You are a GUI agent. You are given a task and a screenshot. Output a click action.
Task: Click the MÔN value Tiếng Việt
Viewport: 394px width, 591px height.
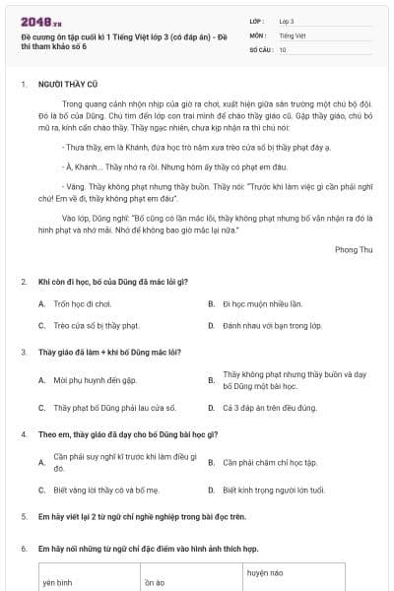click(291, 34)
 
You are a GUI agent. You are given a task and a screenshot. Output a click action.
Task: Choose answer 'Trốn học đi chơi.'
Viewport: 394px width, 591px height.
click(81, 303)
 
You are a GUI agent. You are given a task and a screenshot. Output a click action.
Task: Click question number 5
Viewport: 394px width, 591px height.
click(24, 515)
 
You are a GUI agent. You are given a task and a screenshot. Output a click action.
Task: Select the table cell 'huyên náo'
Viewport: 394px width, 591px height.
click(265, 572)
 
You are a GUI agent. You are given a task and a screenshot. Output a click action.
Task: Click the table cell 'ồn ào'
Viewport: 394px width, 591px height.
click(155, 582)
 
